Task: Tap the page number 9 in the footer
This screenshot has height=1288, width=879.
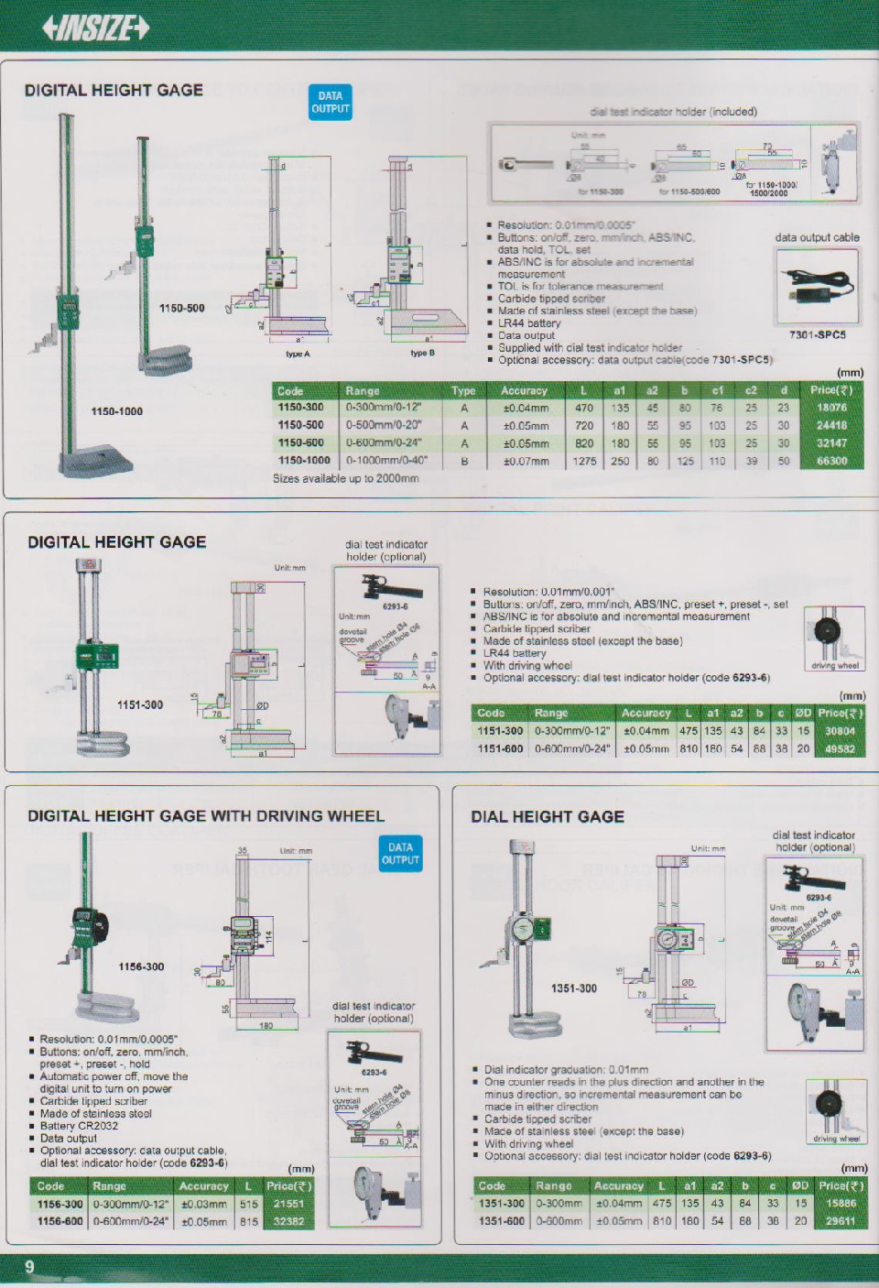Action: (29, 1266)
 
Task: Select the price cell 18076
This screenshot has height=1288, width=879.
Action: (831, 408)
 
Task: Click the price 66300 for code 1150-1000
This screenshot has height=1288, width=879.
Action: (831, 462)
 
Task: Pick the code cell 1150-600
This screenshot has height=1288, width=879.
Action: (301, 443)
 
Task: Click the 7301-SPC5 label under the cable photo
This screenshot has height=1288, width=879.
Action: (817, 335)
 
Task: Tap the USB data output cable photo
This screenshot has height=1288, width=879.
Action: (817, 287)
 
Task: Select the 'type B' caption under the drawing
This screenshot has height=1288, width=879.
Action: (422, 354)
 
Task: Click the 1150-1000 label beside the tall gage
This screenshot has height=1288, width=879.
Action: (116, 412)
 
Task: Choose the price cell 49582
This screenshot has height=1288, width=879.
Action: (840, 749)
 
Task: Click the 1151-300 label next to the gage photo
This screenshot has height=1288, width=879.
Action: (139, 705)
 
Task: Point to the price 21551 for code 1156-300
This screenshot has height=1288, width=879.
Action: (288, 1204)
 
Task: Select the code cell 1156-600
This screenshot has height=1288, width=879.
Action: (60, 1221)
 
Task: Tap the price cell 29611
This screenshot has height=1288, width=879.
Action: (841, 1221)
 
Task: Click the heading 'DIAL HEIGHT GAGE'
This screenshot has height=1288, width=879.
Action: (548, 817)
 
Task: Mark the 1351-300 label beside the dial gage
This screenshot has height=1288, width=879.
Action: (574, 989)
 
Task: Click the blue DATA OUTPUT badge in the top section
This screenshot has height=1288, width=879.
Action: (331, 103)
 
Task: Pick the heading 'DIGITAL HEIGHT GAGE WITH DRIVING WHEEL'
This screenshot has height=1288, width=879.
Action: (206, 816)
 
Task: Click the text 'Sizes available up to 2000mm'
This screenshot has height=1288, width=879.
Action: (346, 479)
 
